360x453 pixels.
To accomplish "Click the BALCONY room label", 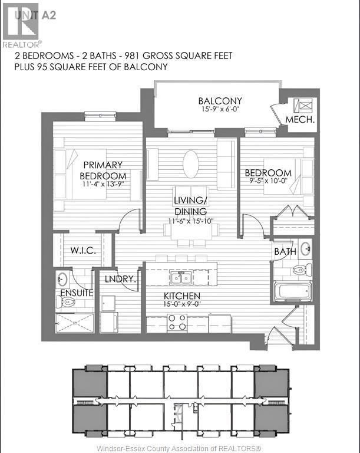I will (x=220, y=101).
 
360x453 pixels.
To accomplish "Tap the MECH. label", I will (x=300, y=120).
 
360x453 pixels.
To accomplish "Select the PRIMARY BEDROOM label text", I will (x=103, y=170).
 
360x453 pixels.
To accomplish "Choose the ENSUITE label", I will (x=73, y=292).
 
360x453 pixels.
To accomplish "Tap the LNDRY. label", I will (x=121, y=280).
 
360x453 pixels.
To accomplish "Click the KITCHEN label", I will (x=182, y=296).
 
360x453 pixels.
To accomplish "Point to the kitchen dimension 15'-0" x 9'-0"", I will (x=182, y=305).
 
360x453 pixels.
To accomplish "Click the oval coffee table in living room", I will (x=191, y=163).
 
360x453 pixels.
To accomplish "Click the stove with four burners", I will (x=177, y=322).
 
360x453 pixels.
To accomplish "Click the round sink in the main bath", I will (x=305, y=248).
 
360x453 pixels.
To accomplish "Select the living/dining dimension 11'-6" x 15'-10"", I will (x=190, y=221).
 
